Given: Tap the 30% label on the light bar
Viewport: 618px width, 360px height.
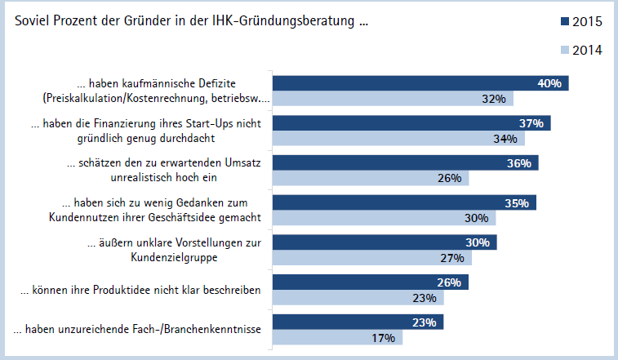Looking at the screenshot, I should [x=476, y=218].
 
